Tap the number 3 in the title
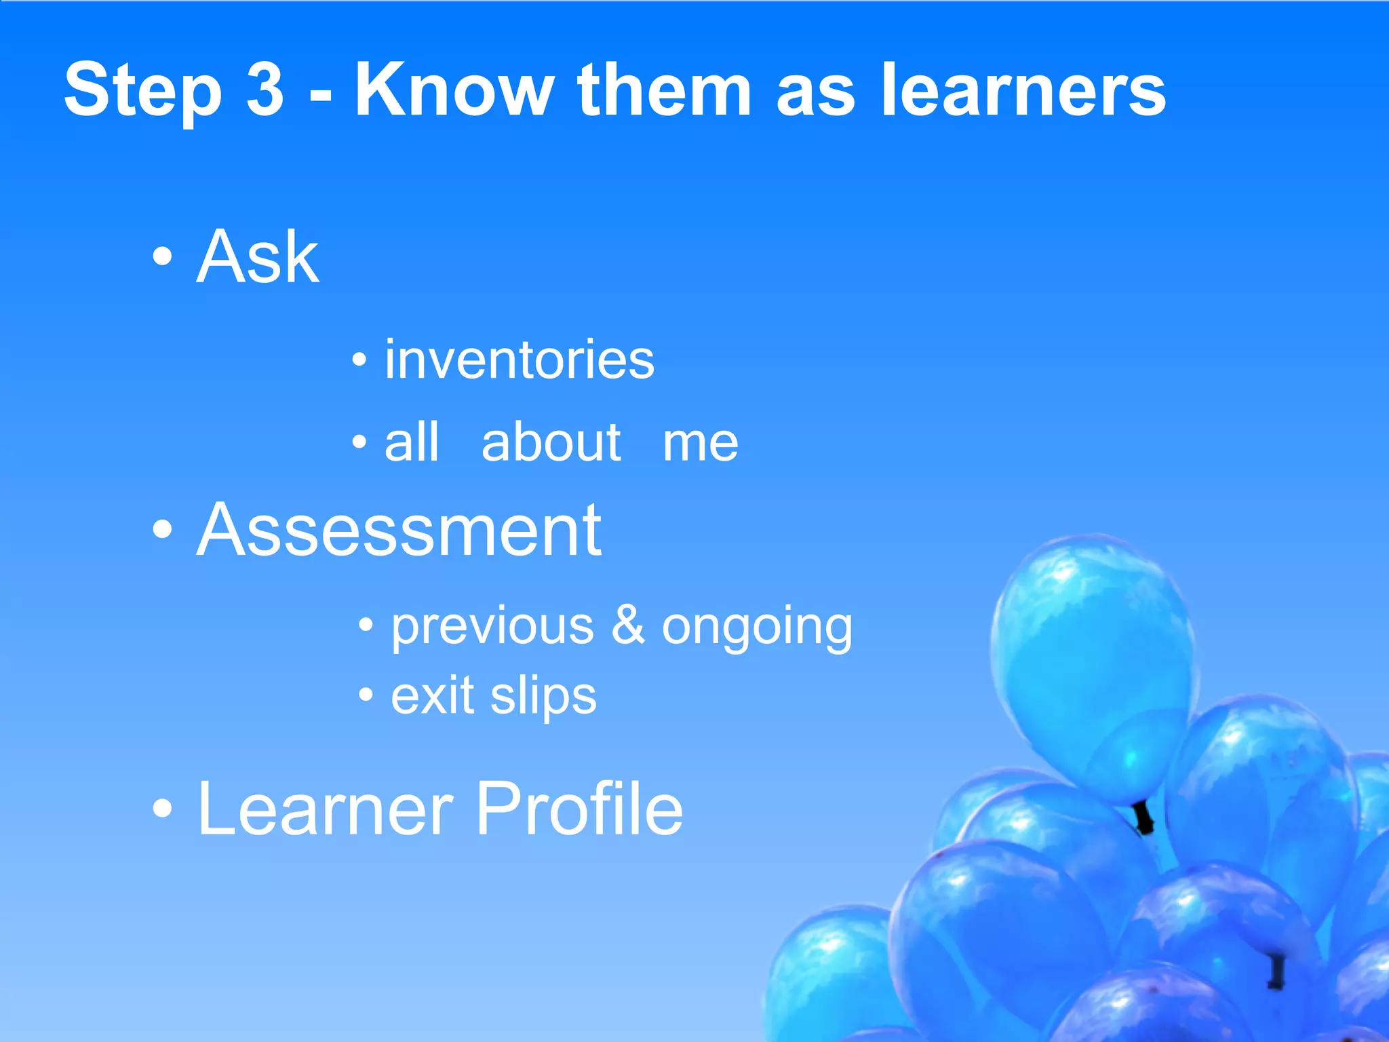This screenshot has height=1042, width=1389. coord(265,90)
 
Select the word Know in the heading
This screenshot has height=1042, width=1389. coord(454,90)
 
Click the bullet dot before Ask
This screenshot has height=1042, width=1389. coord(162,257)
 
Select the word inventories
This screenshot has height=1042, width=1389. coord(520,360)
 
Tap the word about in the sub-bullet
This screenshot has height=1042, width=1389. coord(551,442)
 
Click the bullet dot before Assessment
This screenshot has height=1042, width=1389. coord(162,530)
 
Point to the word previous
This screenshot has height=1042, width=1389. coord(492,627)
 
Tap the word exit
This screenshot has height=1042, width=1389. coord(432,695)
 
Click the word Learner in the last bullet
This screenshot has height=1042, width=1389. coord(325,809)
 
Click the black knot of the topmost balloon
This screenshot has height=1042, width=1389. coord(1143,817)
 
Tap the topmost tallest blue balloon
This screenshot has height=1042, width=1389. coord(1092,665)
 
